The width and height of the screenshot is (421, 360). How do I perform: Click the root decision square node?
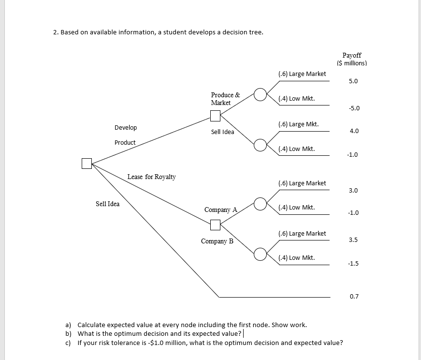[x=87, y=164]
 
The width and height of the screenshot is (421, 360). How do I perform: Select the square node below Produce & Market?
[x=215, y=116]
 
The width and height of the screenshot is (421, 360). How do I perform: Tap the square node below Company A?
[x=215, y=225]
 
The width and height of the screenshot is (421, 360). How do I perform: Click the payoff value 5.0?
[x=353, y=81]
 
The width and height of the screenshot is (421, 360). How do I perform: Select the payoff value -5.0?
[x=353, y=108]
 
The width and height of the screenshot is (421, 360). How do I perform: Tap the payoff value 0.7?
[x=354, y=296]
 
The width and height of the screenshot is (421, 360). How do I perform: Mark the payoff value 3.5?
[x=353, y=240]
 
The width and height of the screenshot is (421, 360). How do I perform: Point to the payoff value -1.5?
[x=353, y=263]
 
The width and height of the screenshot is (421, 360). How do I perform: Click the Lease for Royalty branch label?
[x=151, y=177]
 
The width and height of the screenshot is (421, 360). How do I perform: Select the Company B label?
[x=217, y=241]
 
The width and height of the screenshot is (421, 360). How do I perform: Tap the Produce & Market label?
[x=225, y=99]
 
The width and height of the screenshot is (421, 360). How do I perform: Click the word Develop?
[x=126, y=128]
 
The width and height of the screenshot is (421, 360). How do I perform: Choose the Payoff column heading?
[x=351, y=59]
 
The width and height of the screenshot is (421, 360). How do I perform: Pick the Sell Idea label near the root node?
[x=107, y=204]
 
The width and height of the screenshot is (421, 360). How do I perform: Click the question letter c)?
[x=68, y=343]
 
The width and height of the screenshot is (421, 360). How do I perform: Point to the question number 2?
[x=56, y=32]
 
